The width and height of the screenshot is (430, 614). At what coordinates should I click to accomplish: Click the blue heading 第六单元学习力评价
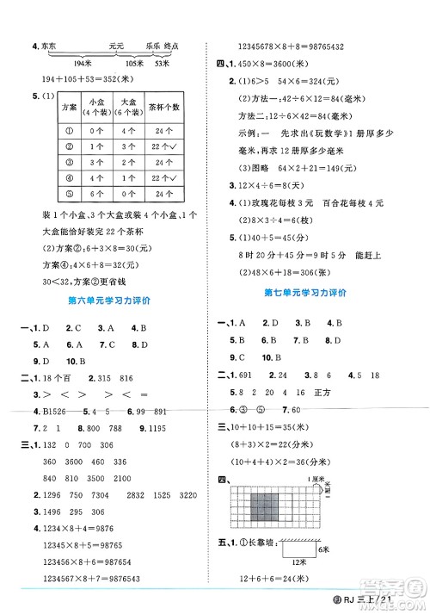click(108, 301)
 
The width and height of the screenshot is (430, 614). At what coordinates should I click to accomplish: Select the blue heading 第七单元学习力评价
click(306, 293)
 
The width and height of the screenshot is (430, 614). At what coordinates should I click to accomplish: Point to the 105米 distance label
click(134, 65)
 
